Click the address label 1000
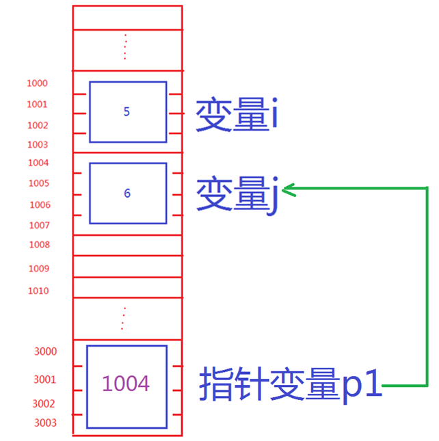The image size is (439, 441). pyautogui.click(x=37, y=83)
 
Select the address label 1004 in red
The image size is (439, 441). pyautogui.click(x=38, y=163)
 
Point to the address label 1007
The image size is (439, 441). pyautogui.click(x=39, y=225)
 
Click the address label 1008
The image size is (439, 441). pyautogui.click(x=39, y=245)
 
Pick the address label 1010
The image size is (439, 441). pyautogui.click(x=38, y=291)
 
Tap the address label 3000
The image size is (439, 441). pyautogui.click(x=45, y=351)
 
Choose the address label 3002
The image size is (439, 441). pyautogui.click(x=45, y=403)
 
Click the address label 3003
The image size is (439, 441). pyautogui.click(x=45, y=423)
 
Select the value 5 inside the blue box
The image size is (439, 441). pyautogui.click(x=127, y=111)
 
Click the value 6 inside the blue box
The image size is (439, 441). pyautogui.click(x=127, y=193)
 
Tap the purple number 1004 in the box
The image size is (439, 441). pyautogui.click(x=126, y=384)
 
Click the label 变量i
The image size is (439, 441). pyautogui.click(x=236, y=115)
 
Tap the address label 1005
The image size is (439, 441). pyautogui.click(x=38, y=183)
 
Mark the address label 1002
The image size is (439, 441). pyautogui.click(x=38, y=125)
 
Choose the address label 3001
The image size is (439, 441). pyautogui.click(x=45, y=379)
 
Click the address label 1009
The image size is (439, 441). pyautogui.click(x=38, y=269)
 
